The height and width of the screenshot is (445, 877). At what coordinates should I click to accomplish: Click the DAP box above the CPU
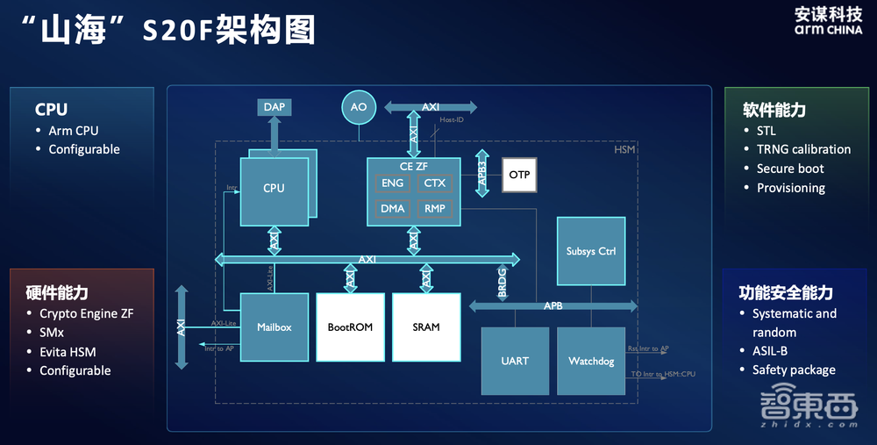click(x=275, y=107)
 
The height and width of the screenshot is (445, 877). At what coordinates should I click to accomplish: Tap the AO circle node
click(x=359, y=107)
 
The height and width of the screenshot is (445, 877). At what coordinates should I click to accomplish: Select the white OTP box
click(x=519, y=175)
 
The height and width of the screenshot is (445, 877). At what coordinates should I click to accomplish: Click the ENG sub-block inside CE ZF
click(x=393, y=183)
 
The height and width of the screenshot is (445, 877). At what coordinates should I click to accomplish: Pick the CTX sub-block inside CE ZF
click(x=435, y=183)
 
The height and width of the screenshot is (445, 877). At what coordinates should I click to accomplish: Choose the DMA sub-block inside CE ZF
click(x=393, y=209)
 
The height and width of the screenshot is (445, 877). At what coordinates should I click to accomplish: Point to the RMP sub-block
click(x=435, y=209)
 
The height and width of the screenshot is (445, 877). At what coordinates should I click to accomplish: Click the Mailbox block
click(x=275, y=327)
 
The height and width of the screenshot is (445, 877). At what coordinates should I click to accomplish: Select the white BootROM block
click(x=350, y=327)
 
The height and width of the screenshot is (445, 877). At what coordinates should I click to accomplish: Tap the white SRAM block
click(x=426, y=327)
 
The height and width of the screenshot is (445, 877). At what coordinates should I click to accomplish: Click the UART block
click(x=515, y=361)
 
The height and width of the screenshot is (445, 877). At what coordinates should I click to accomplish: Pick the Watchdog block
click(x=591, y=361)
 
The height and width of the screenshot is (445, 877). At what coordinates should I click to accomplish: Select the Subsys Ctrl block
click(x=591, y=251)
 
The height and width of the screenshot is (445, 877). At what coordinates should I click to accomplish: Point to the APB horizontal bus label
click(x=553, y=306)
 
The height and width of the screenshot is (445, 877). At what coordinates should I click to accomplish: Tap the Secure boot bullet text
click(x=790, y=169)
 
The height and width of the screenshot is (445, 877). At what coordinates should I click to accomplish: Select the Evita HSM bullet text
click(x=68, y=352)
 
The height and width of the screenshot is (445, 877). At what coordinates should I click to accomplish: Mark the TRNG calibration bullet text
click(x=803, y=149)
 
